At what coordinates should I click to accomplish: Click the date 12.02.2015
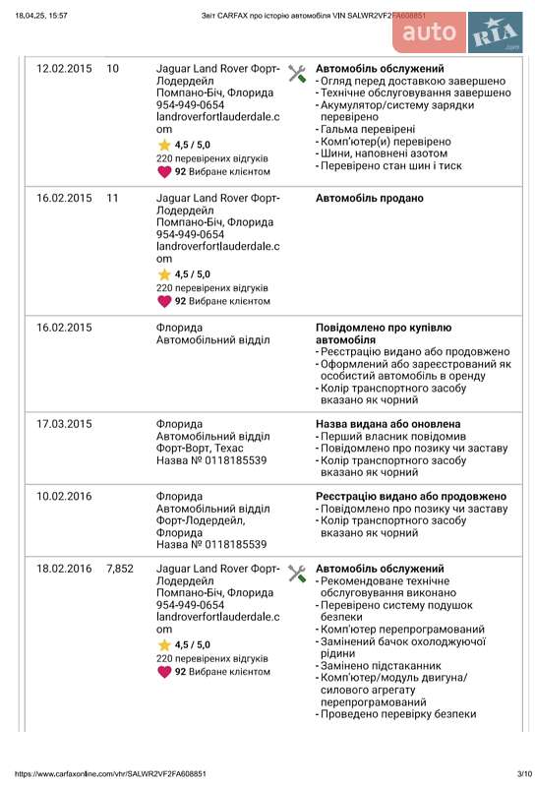[64, 69]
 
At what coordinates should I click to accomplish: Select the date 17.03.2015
[64, 424]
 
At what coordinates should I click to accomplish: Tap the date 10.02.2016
[64, 496]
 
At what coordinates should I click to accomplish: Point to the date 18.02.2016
[64, 569]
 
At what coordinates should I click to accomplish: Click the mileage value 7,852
[119, 569]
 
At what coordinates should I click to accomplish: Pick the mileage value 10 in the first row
[112, 69]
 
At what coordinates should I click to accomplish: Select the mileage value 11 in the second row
[112, 198]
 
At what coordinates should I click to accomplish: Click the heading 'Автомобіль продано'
[369, 198]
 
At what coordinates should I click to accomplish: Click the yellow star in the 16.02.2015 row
[164, 274]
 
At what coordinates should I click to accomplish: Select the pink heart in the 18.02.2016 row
[164, 672]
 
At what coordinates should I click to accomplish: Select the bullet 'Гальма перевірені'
[367, 129]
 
